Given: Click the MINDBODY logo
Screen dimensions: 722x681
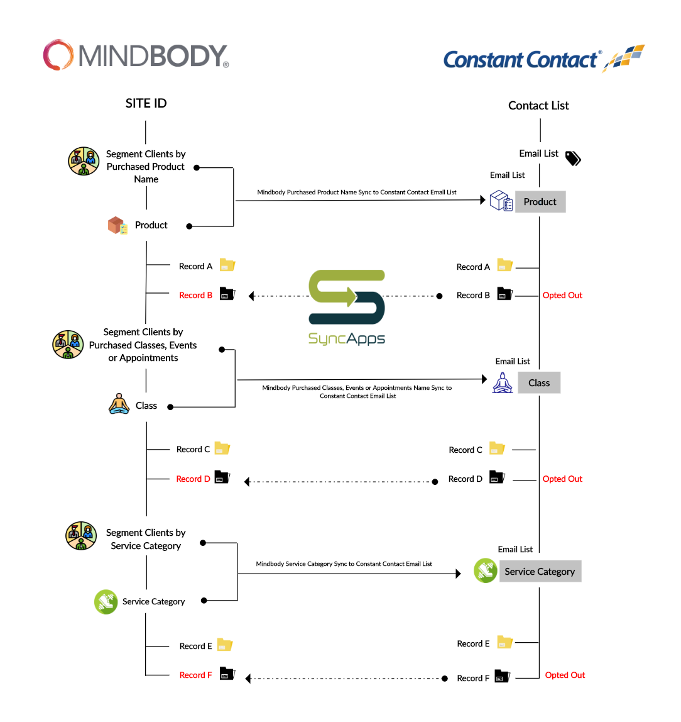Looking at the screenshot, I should pos(136,55).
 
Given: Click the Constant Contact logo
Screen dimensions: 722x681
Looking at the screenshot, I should pos(543,59).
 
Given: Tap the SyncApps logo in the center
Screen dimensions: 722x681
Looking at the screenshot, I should pos(347,308).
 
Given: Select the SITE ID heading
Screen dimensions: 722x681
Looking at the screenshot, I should pos(146,103).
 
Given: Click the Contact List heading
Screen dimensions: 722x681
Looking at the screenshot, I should pos(538,106).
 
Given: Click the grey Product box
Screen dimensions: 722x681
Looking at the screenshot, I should pos(540,202).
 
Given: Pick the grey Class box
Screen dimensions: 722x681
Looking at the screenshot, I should pos(539,383).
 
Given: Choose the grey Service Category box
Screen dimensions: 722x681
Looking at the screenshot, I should pos(540,572).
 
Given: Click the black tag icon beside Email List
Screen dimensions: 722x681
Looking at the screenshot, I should pos(573,158).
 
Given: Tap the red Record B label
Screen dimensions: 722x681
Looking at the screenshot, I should pos(195,295).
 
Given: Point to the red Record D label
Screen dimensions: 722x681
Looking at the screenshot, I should pos(193,479).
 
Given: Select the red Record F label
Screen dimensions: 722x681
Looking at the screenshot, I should pos(195,675).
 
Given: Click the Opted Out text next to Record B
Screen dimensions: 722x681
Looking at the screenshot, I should pos(562,295).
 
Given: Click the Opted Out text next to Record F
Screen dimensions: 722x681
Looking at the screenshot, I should pos(565,675).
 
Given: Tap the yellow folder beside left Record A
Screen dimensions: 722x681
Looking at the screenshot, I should pos(227,265).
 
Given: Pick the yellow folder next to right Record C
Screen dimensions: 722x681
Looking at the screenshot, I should pos(497,448).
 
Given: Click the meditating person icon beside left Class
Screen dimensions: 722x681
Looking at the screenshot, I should pos(119,404).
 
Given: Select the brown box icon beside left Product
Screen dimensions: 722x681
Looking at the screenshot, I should pos(117,225).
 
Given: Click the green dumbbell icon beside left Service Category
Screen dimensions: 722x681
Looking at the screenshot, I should pos(106,602).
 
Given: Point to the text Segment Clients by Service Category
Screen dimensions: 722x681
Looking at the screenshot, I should pos(146,539).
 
